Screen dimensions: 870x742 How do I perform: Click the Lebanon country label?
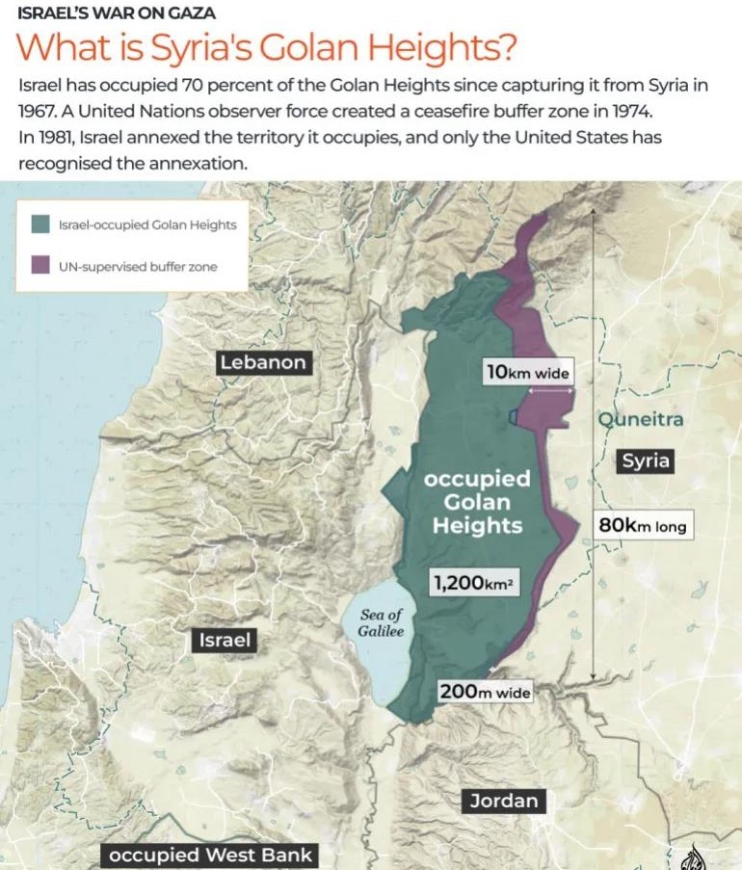pyautogui.click(x=262, y=362)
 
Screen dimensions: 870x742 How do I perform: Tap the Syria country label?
pyautogui.click(x=645, y=461)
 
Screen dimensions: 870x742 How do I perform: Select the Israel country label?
pyautogui.click(x=225, y=640)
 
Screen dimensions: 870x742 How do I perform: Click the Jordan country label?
pyautogui.click(x=503, y=801)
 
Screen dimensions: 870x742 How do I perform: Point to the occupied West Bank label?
pyautogui.click(x=210, y=855)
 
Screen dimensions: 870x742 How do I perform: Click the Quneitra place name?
pyautogui.click(x=640, y=420)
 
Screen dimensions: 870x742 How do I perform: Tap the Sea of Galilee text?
pyautogui.click(x=382, y=623)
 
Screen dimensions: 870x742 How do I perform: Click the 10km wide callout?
pyautogui.click(x=527, y=372)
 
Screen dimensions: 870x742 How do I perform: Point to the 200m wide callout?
pyautogui.click(x=485, y=691)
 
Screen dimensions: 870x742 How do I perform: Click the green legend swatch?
pyautogui.click(x=40, y=224)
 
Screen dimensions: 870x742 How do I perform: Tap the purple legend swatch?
pyautogui.click(x=40, y=265)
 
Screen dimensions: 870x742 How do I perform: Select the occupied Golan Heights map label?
pyautogui.click(x=477, y=501)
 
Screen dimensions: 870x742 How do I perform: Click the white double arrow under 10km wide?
pyautogui.click(x=550, y=390)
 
